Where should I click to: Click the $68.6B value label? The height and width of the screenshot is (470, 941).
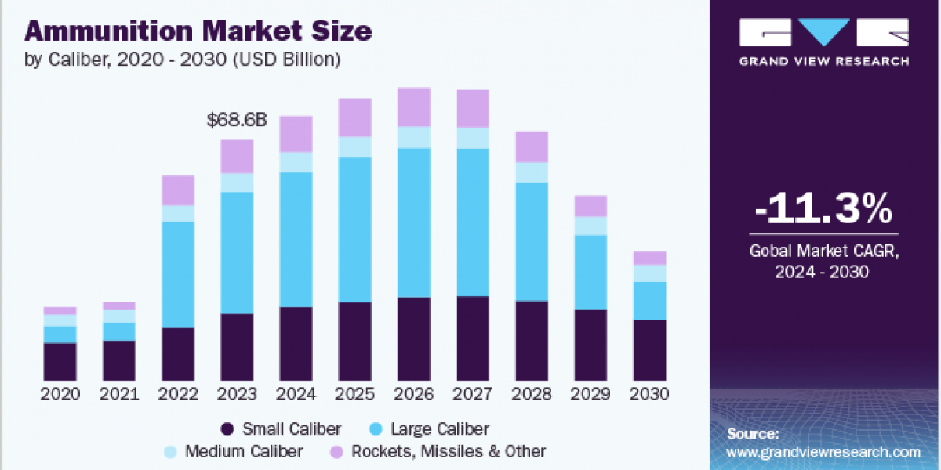(236, 121)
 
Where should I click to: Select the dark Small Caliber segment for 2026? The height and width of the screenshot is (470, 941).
(414, 338)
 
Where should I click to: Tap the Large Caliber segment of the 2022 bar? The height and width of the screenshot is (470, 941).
(178, 274)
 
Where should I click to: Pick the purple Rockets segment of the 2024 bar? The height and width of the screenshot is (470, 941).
(296, 134)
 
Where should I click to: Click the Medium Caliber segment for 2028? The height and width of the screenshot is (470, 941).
(532, 172)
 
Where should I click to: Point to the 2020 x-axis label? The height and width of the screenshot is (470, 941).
(60, 394)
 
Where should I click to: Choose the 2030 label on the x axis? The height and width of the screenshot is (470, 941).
(649, 394)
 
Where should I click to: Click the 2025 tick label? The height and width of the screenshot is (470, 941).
(354, 394)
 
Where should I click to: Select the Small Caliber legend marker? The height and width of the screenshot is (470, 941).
(228, 428)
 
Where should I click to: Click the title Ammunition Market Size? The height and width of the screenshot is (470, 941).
(198, 31)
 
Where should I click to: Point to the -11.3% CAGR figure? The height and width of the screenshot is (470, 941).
(824, 209)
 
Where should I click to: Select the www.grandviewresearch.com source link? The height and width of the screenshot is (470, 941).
(823, 452)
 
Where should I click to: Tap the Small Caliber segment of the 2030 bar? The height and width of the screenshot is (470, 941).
(649, 349)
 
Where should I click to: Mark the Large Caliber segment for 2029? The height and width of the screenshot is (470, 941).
(590, 272)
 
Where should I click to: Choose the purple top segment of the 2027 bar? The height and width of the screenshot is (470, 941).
(473, 108)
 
